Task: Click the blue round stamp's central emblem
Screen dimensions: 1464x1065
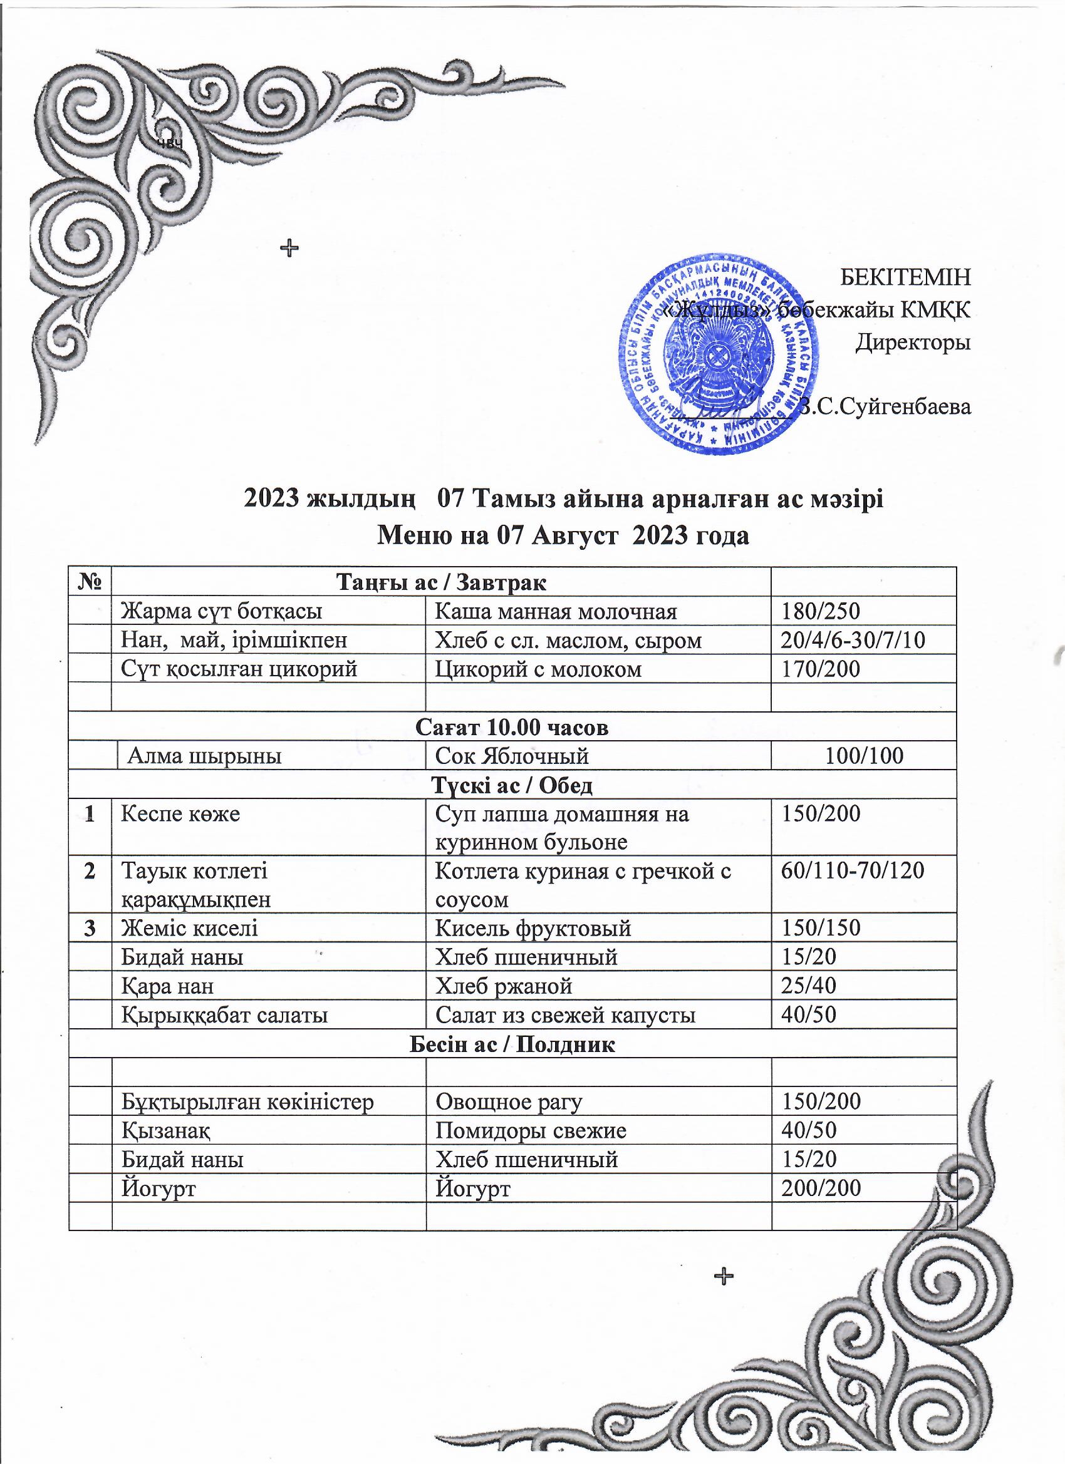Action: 718,356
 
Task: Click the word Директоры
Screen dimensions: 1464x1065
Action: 913,342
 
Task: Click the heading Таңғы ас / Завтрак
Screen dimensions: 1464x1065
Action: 442,583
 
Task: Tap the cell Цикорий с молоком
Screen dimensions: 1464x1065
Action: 539,669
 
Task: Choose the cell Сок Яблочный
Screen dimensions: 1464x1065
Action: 511,755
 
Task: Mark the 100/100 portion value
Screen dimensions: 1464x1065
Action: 864,755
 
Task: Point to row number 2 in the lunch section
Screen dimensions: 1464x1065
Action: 90,872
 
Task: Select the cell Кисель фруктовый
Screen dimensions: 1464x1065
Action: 533,928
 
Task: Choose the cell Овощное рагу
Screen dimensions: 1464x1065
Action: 509,1102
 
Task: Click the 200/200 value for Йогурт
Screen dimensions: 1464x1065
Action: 821,1188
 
